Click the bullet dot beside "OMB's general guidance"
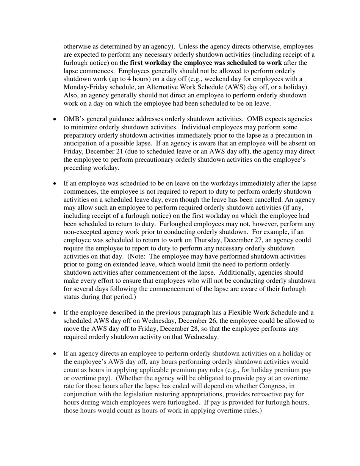55,119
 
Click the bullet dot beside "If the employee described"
55,313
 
